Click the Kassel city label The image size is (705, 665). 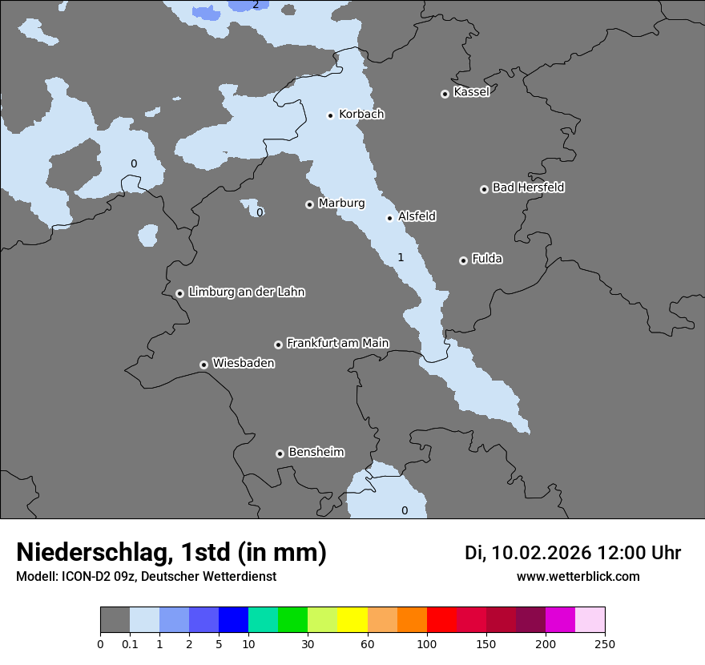(x=471, y=92)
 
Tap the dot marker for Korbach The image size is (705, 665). (x=330, y=115)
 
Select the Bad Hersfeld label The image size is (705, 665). (x=528, y=187)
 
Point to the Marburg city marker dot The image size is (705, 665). (x=309, y=204)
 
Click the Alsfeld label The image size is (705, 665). (x=417, y=216)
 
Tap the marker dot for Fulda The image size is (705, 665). (x=463, y=260)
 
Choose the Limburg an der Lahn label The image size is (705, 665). (x=246, y=292)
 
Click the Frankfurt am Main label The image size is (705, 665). (x=337, y=343)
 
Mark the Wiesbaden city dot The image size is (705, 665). (x=204, y=365)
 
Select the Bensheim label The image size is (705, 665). (x=316, y=452)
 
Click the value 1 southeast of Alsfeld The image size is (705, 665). (x=401, y=257)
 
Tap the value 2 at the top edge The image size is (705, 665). (x=256, y=5)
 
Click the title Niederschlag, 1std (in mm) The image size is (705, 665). (x=171, y=552)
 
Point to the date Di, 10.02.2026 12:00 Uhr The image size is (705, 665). (x=573, y=553)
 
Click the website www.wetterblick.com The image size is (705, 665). (x=578, y=577)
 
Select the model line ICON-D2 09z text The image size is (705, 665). (x=146, y=577)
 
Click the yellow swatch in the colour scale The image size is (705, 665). (x=352, y=620)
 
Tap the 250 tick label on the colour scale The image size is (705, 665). (x=605, y=643)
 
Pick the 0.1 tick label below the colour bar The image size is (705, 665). (x=130, y=643)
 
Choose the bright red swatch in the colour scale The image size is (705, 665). (x=441, y=620)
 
